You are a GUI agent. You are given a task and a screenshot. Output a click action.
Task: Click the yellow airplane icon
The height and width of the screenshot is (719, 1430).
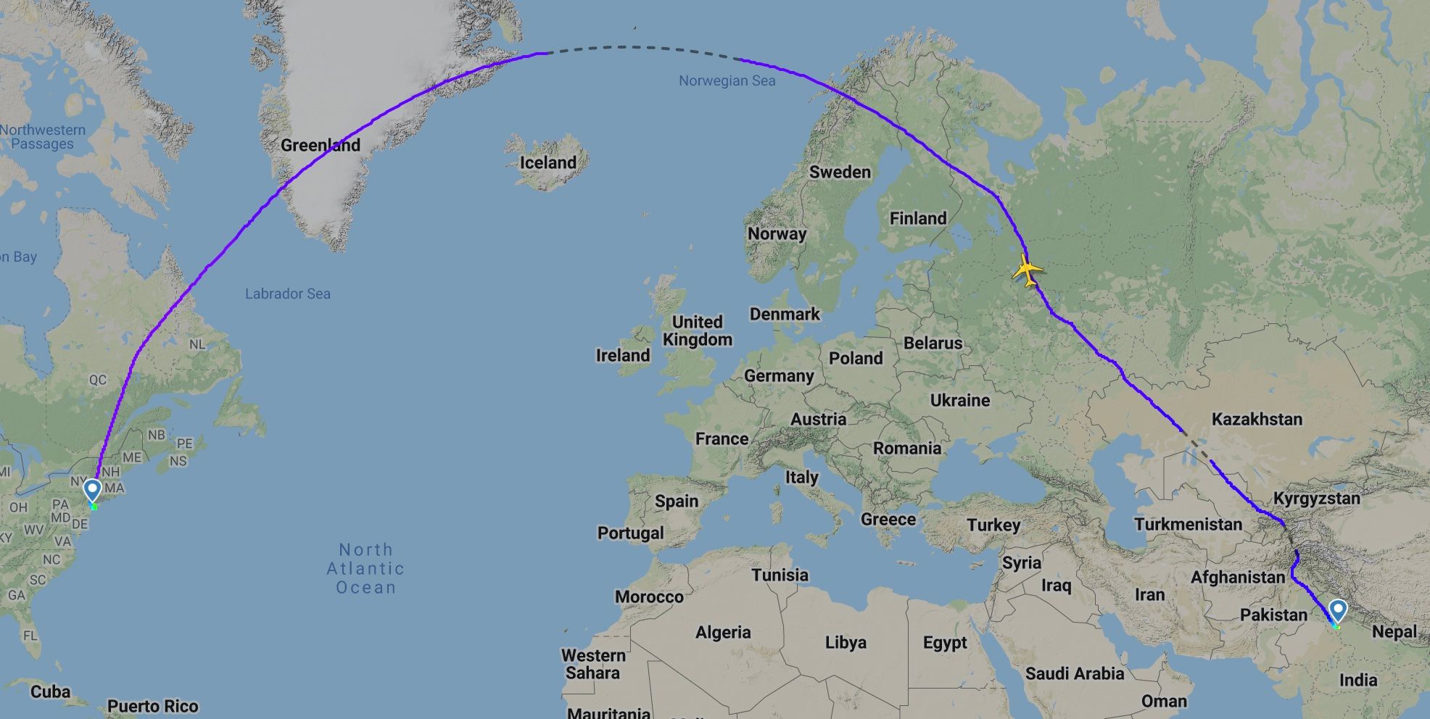(1027, 271)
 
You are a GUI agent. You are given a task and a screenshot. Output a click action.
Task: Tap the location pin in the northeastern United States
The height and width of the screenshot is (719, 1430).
(92, 490)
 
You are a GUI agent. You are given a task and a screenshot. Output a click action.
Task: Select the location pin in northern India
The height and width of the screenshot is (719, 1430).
(1337, 610)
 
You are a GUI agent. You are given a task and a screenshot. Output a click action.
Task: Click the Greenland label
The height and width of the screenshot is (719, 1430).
(320, 145)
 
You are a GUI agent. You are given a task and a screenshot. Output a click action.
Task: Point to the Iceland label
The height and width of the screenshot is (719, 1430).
(547, 162)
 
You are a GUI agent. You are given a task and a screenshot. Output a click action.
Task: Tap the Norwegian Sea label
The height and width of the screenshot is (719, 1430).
(727, 81)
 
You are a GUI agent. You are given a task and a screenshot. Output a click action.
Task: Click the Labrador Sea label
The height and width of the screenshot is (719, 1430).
(287, 294)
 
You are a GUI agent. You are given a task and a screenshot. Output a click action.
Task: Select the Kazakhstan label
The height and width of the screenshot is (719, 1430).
(1257, 419)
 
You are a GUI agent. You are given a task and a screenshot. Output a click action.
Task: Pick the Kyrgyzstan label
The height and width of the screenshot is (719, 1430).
(1316, 499)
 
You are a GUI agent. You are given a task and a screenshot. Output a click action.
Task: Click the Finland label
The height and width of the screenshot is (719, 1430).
(917, 218)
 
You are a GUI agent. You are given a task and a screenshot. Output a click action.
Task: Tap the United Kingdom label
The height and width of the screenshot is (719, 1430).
(697, 331)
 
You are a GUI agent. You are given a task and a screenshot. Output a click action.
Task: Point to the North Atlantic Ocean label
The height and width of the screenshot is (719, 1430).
(365, 568)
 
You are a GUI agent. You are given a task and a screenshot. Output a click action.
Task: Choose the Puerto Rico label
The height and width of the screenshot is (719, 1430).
(152, 706)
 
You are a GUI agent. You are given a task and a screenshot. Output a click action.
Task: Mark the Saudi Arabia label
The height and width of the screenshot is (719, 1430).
(1074, 673)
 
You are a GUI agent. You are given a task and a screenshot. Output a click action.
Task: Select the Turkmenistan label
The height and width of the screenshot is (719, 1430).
(1188, 524)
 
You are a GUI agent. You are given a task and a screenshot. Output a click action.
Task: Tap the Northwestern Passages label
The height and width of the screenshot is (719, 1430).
(43, 137)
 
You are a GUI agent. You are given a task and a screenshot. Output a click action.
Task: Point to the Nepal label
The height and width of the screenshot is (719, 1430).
(1394, 632)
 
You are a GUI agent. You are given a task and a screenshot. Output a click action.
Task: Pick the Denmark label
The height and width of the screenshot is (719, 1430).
(785, 314)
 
